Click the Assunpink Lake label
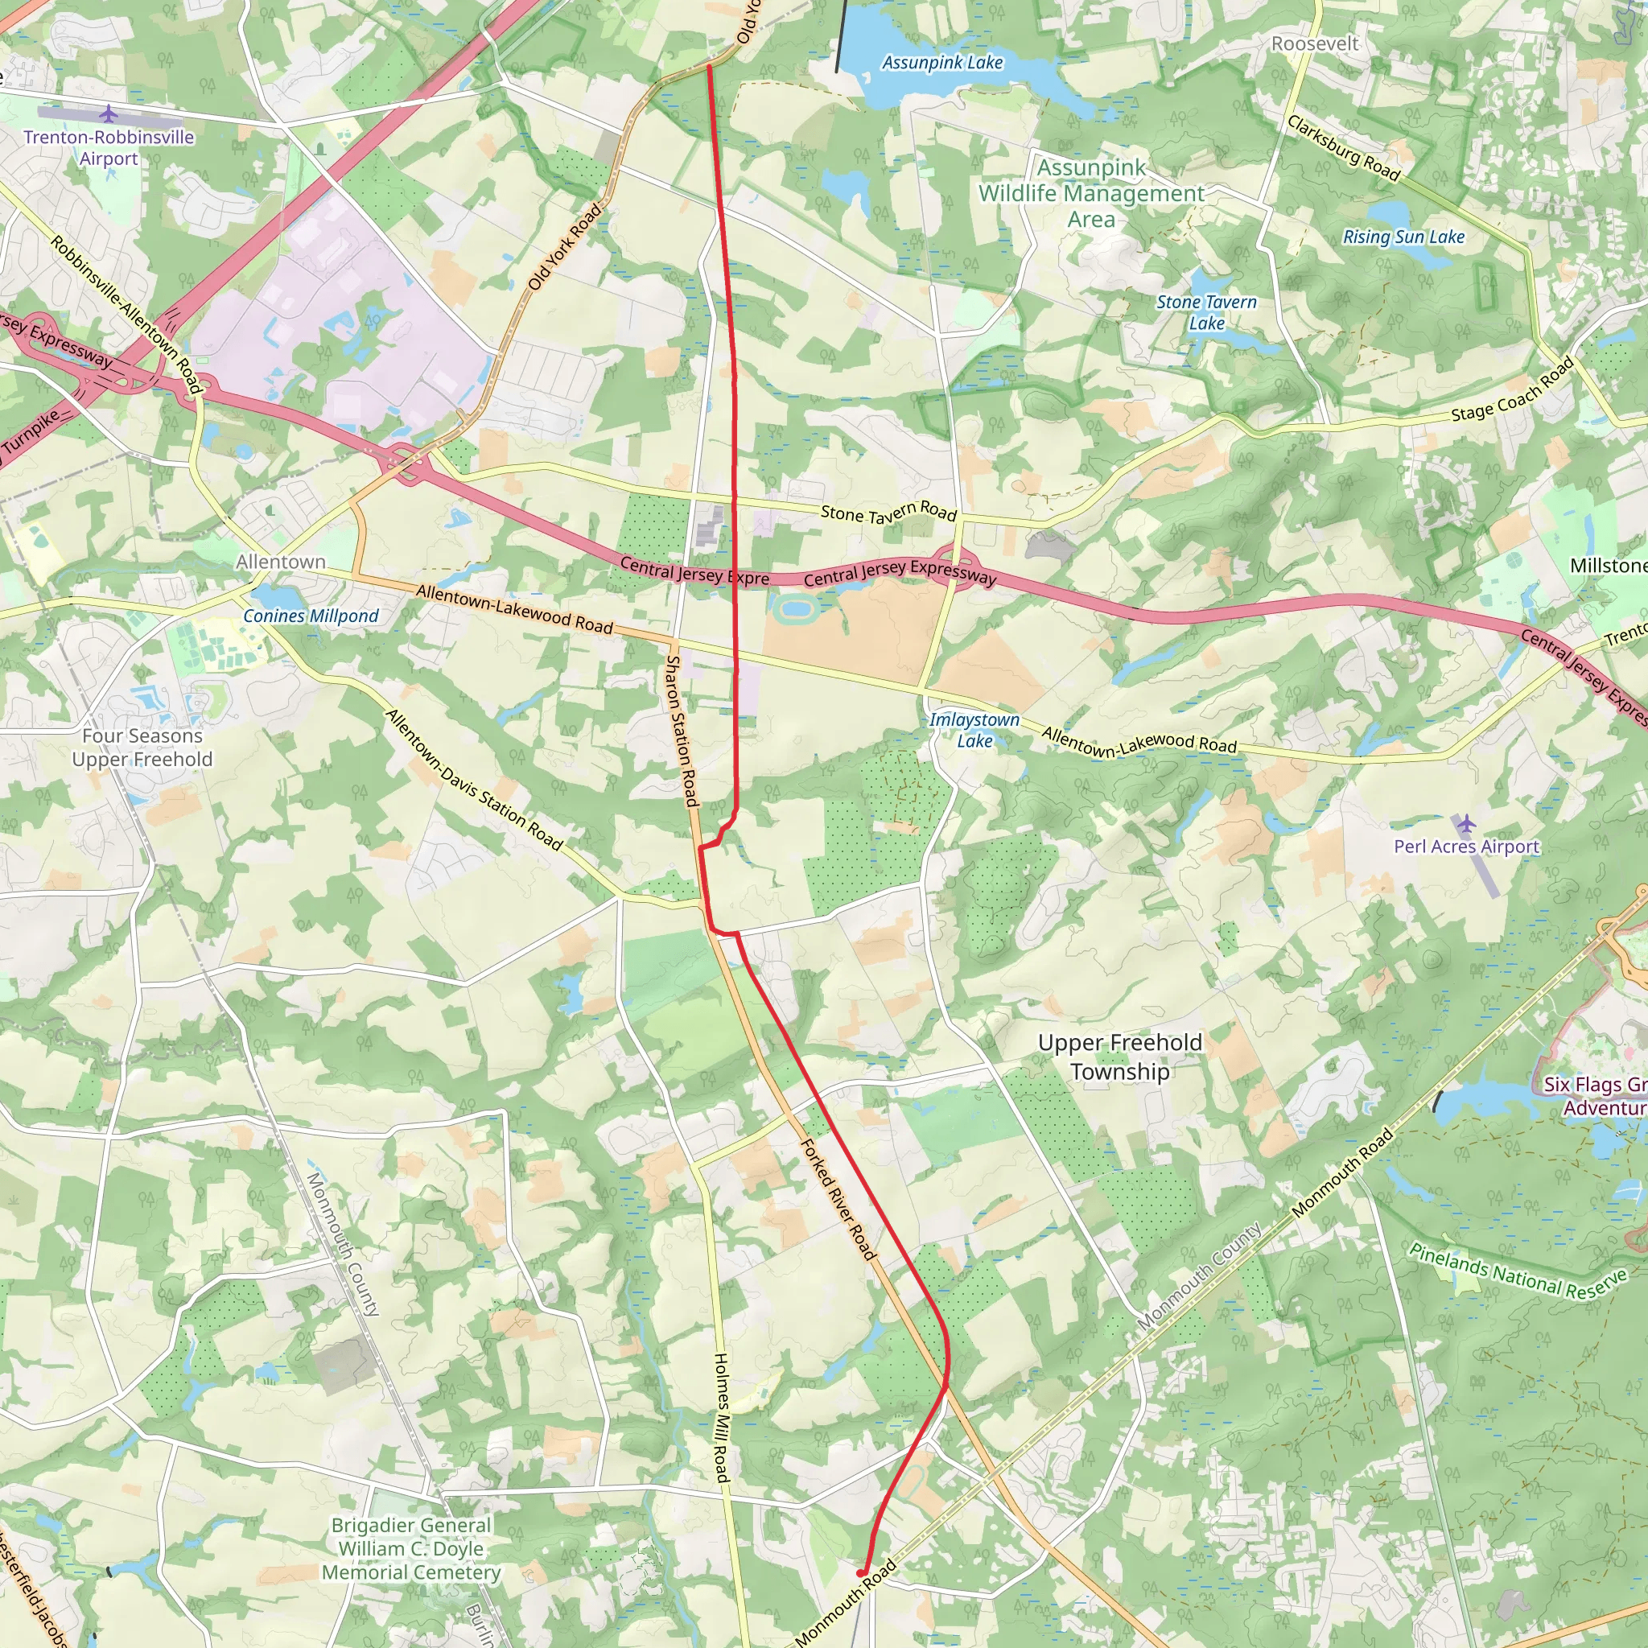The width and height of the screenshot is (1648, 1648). (941, 62)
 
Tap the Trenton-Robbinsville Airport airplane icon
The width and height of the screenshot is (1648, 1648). (109, 113)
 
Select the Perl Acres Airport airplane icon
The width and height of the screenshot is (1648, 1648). (1465, 824)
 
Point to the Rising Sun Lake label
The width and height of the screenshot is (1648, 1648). (1403, 237)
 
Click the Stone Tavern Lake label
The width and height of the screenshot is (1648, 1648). (1206, 312)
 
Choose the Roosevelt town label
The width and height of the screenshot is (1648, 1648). (1315, 43)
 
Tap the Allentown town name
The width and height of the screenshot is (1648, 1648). (281, 562)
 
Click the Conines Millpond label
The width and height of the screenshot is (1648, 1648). (311, 616)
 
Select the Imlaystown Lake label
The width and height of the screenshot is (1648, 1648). (974, 730)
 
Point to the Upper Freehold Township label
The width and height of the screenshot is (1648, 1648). (1120, 1057)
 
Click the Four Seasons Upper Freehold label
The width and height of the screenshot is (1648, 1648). (142, 748)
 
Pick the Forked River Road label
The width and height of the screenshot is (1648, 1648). (838, 1199)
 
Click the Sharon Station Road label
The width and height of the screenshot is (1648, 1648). (682, 730)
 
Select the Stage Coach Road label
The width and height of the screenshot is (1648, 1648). (1512, 389)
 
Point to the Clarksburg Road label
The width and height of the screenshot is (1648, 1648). (1344, 148)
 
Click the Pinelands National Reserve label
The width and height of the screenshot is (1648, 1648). (1518, 1271)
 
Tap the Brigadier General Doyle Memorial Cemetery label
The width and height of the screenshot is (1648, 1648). (412, 1548)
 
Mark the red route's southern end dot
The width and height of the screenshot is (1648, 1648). (862, 1572)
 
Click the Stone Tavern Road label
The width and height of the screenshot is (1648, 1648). (888, 512)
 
